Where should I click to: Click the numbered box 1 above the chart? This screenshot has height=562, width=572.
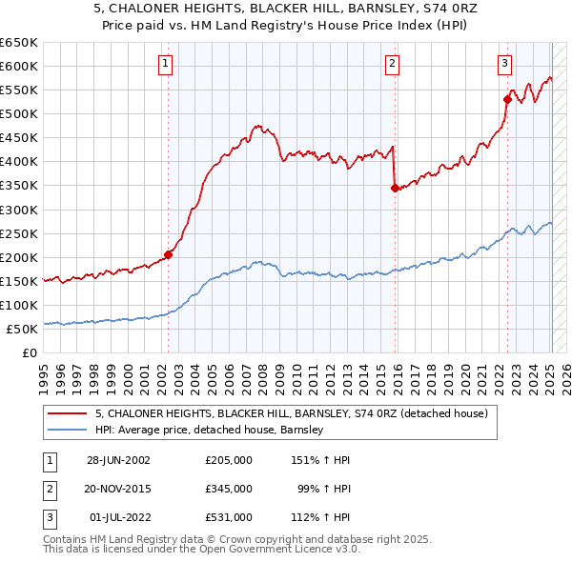click(x=166, y=64)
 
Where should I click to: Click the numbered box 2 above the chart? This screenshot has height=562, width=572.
click(x=392, y=64)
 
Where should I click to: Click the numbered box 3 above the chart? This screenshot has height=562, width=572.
click(x=504, y=64)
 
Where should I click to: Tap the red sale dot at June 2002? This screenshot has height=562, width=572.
click(x=169, y=254)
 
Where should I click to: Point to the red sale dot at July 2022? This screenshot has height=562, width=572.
click(x=507, y=99)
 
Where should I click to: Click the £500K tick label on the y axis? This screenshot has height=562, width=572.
click(x=18, y=114)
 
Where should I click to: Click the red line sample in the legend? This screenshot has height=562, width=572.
click(x=68, y=413)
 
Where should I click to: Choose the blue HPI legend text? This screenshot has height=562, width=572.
click(x=210, y=430)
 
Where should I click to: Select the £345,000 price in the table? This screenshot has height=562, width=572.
click(x=229, y=489)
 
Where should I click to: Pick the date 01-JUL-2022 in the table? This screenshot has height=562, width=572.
click(x=117, y=517)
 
